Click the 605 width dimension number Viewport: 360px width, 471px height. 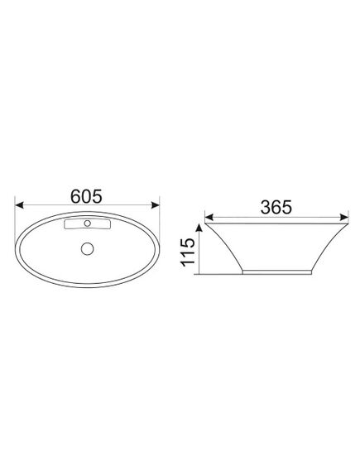pos(86,196)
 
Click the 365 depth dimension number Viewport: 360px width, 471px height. pos(276,207)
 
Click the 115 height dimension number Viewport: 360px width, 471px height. pos(188,252)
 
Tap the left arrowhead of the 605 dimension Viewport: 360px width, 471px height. pos(19,205)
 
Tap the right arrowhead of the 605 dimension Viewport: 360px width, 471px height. pos(156,205)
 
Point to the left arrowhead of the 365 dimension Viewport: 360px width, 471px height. pos(209,217)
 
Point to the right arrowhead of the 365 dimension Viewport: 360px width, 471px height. pos(344,217)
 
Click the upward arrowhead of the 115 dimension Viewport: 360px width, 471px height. pos(199,228)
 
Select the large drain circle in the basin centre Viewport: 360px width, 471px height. pos(88,248)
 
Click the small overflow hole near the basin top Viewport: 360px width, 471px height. pos(88,223)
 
